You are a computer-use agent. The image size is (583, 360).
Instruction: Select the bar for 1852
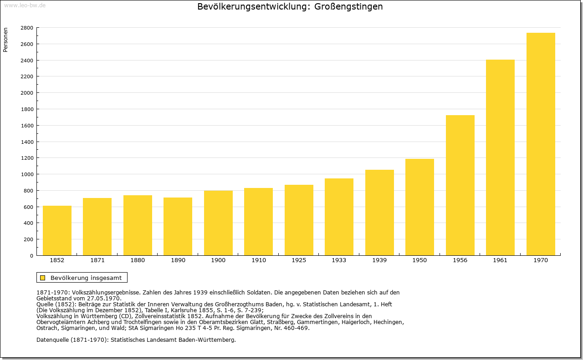57,230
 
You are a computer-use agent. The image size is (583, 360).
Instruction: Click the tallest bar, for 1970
541,144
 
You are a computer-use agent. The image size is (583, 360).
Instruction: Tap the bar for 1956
460,185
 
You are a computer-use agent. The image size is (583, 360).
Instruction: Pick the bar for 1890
178,226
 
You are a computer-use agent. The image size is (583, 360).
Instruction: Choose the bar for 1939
379,213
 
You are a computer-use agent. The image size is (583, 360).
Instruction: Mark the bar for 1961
500,157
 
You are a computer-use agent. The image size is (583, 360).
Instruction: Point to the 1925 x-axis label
299,260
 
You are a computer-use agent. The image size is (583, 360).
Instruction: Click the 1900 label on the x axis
218,260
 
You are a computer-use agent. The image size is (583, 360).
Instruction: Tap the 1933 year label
339,260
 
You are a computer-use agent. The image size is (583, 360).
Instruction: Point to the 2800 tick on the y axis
27,28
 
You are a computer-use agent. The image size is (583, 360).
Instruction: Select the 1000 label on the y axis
27,174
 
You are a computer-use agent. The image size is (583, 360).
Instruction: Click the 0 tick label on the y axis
31,256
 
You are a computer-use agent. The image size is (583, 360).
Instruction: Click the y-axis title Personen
5,40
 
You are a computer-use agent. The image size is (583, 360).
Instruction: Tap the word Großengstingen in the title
348,6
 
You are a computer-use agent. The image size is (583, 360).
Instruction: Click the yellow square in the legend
43,278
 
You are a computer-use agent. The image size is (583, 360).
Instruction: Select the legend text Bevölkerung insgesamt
86,278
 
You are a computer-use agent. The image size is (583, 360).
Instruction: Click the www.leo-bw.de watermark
25,5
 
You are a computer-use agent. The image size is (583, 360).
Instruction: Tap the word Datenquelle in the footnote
52,340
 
